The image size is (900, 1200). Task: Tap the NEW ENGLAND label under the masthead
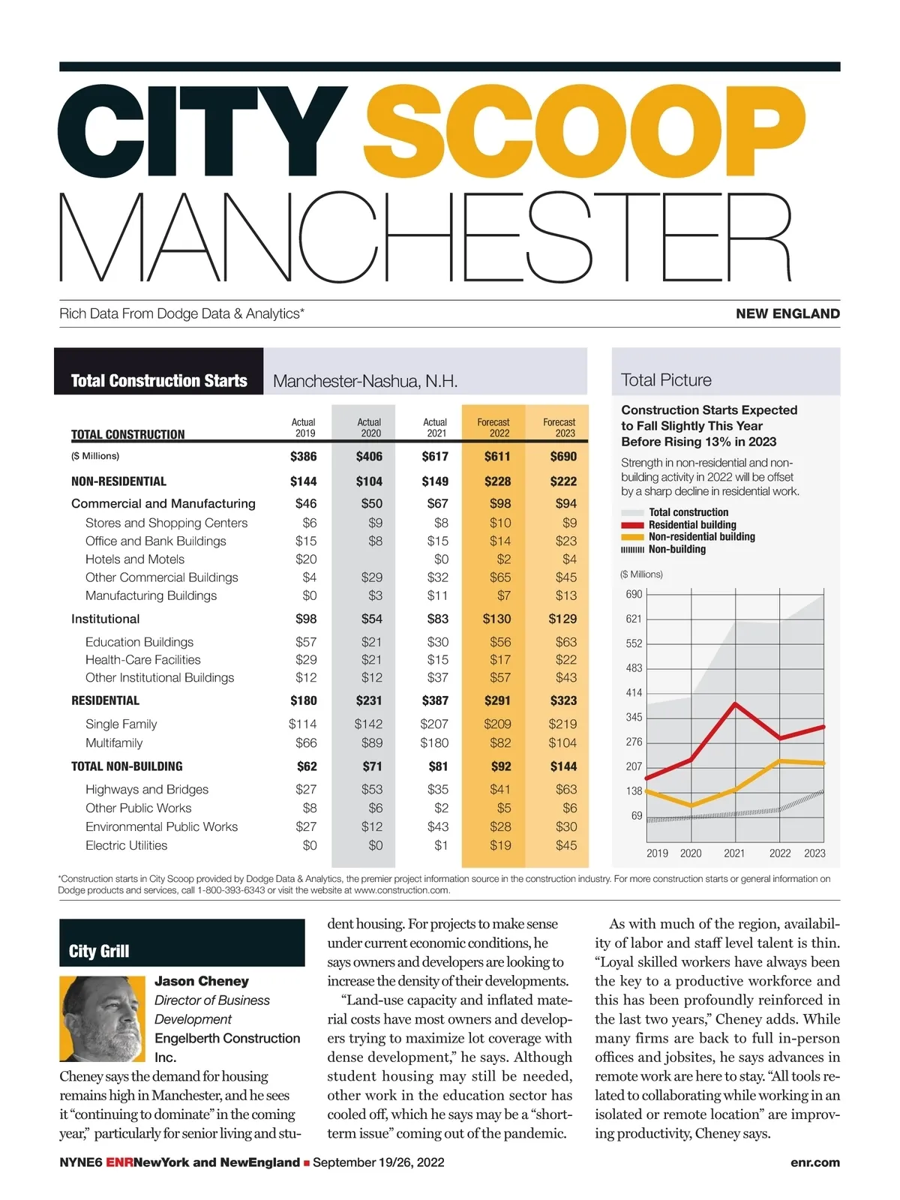point(787,313)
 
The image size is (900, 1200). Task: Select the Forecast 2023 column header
point(559,427)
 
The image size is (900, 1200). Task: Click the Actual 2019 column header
point(304,427)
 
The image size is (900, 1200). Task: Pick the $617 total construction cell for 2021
point(435,456)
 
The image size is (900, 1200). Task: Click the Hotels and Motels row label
point(135,559)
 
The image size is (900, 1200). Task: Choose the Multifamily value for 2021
point(434,743)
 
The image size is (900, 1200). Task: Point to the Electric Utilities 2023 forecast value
point(566,845)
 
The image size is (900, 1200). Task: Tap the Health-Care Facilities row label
point(143,660)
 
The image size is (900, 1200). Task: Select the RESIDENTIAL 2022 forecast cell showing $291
point(497,700)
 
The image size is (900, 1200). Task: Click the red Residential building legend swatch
point(632,525)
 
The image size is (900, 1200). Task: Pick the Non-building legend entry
point(676,549)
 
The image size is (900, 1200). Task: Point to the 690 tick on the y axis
point(634,594)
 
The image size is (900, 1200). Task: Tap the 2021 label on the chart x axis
point(734,853)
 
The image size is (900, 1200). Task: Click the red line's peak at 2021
point(736,703)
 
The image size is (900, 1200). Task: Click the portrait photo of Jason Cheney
point(102,1018)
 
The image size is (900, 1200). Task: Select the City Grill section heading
point(99,951)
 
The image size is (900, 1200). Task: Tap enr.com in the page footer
point(814,1162)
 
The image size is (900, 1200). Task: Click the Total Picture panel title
point(666,380)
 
